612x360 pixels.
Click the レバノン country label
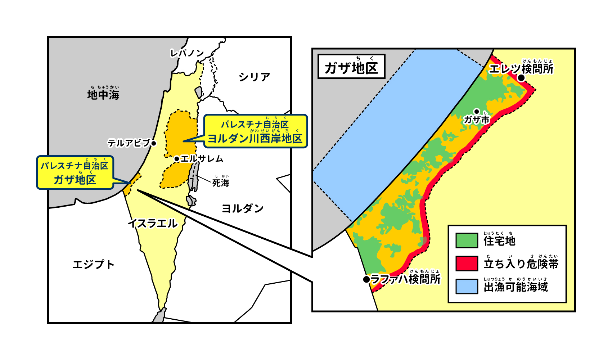coord(187,53)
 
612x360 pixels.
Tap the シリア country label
coord(254,77)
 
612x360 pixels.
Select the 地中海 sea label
coord(103,95)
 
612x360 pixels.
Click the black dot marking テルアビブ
coord(154,143)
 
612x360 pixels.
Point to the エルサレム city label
coord(202,159)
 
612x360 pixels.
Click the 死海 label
coord(220,183)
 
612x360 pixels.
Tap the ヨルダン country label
coord(242,208)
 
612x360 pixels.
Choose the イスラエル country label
coord(153,224)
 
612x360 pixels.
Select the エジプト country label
coord(93,265)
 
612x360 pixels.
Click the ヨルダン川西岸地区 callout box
coord(255,131)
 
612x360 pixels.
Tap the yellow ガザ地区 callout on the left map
coord(75,173)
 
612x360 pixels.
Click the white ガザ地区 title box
coord(351,67)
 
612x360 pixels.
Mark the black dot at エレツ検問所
coord(521,78)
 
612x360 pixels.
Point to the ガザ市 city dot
coord(477,112)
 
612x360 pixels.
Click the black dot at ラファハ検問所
coord(366,279)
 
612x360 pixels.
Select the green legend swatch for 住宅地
coord(467,240)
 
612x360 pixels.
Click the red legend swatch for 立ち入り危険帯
coord(467,264)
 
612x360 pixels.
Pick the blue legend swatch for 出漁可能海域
coord(467,287)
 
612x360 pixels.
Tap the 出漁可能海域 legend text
coord(516,287)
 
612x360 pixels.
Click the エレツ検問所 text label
coord(521,68)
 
